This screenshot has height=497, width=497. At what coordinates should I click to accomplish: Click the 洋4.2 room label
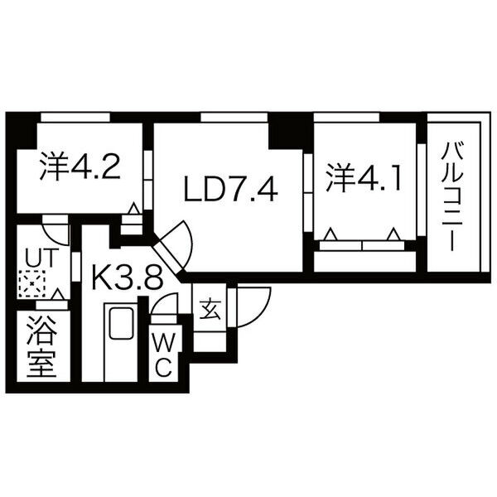tap(80, 166)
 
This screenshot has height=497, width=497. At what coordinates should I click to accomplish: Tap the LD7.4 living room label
tap(231, 190)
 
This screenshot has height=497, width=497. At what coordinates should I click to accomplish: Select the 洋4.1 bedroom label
tap(364, 178)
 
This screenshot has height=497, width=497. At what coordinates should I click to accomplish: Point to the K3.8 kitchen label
tap(128, 277)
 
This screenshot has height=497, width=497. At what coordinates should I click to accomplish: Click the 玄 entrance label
tap(210, 309)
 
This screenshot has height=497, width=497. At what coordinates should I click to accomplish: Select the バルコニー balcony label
tap(452, 196)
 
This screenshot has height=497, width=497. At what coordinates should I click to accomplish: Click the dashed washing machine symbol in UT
tap(31, 283)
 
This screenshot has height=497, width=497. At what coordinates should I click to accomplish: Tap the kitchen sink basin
tap(121, 323)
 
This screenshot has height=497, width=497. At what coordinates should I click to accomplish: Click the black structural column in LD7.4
tap(285, 135)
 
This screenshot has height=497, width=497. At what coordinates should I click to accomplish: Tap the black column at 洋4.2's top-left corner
tap(22, 131)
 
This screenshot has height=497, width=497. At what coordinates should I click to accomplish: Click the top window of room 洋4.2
tap(75, 118)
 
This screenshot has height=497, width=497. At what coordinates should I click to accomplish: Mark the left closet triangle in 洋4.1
tap(331, 234)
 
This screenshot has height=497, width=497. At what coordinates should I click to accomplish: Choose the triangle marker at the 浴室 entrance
tap(58, 294)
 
